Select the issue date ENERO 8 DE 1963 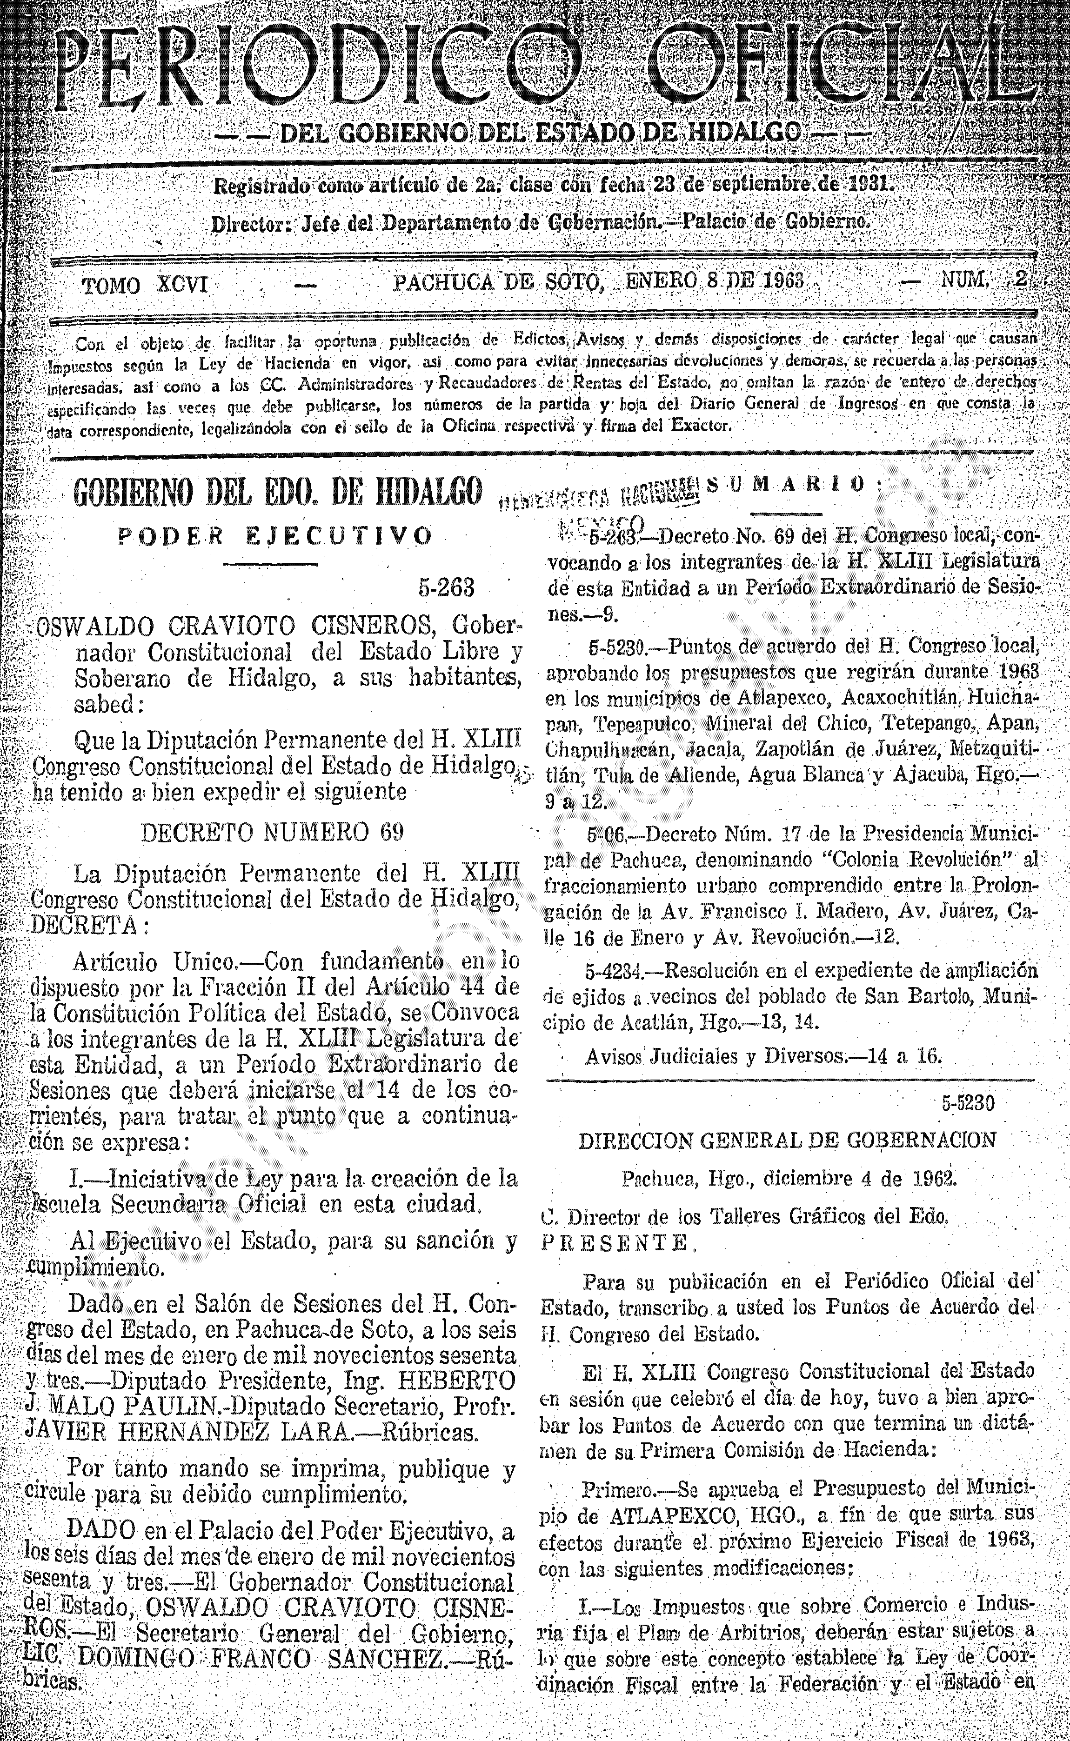point(715,281)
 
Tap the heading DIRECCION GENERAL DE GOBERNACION point(788,1139)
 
